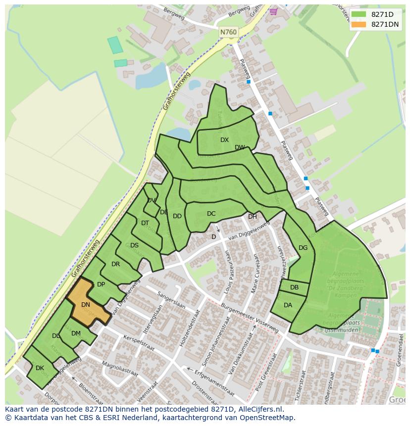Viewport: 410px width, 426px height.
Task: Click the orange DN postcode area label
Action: tap(86, 305)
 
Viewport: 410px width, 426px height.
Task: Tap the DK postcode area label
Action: tap(40, 368)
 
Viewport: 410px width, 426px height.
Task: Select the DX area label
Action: tap(224, 140)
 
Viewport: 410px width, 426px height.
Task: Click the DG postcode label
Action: tap(303, 248)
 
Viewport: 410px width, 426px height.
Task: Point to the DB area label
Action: tap(294, 287)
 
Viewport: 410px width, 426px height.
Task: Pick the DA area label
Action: tap(288, 305)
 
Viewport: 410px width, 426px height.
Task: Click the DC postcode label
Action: tap(211, 214)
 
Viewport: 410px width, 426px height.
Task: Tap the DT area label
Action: tap(145, 223)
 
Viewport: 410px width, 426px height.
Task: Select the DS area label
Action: tap(135, 245)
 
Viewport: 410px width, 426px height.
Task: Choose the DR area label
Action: tap(115, 264)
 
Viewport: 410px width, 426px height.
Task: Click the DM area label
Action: tap(76, 333)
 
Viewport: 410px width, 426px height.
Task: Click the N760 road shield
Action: tap(228, 32)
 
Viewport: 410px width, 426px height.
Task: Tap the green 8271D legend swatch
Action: tap(359, 14)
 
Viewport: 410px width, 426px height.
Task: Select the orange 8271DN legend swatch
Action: tap(359, 24)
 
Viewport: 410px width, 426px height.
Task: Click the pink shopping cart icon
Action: tap(273, 11)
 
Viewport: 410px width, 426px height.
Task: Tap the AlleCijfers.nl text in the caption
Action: tap(259, 409)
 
